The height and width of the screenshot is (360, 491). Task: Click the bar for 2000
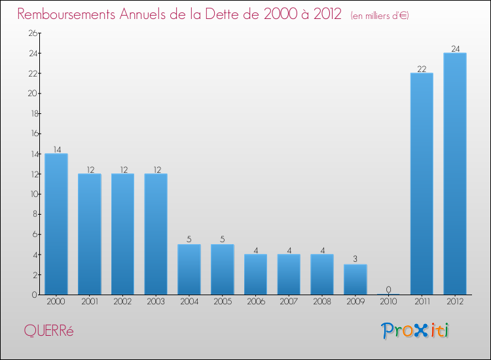pos(56,224)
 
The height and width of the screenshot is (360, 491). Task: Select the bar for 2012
pos(455,173)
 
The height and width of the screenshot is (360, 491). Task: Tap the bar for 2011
pos(422,183)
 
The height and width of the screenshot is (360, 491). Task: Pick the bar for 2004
pos(189,269)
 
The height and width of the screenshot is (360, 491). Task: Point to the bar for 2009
pos(355,279)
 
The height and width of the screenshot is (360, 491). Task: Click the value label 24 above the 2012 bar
pos(455,48)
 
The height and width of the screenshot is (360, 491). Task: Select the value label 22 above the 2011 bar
pos(422,69)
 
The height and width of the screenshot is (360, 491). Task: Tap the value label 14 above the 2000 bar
pos(56,149)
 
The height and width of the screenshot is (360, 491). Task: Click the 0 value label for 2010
pos(389,289)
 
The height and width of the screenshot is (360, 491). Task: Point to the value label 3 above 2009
pos(355,260)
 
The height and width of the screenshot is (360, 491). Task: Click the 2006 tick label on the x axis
pos(255,302)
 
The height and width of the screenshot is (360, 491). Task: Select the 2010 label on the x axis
pos(389,302)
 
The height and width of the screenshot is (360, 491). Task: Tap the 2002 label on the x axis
pos(122,302)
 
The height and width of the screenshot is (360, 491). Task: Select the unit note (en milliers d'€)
pos(380,15)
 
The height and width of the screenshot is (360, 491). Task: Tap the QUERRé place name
pos(48,331)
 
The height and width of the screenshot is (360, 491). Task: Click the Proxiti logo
pos(416,331)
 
